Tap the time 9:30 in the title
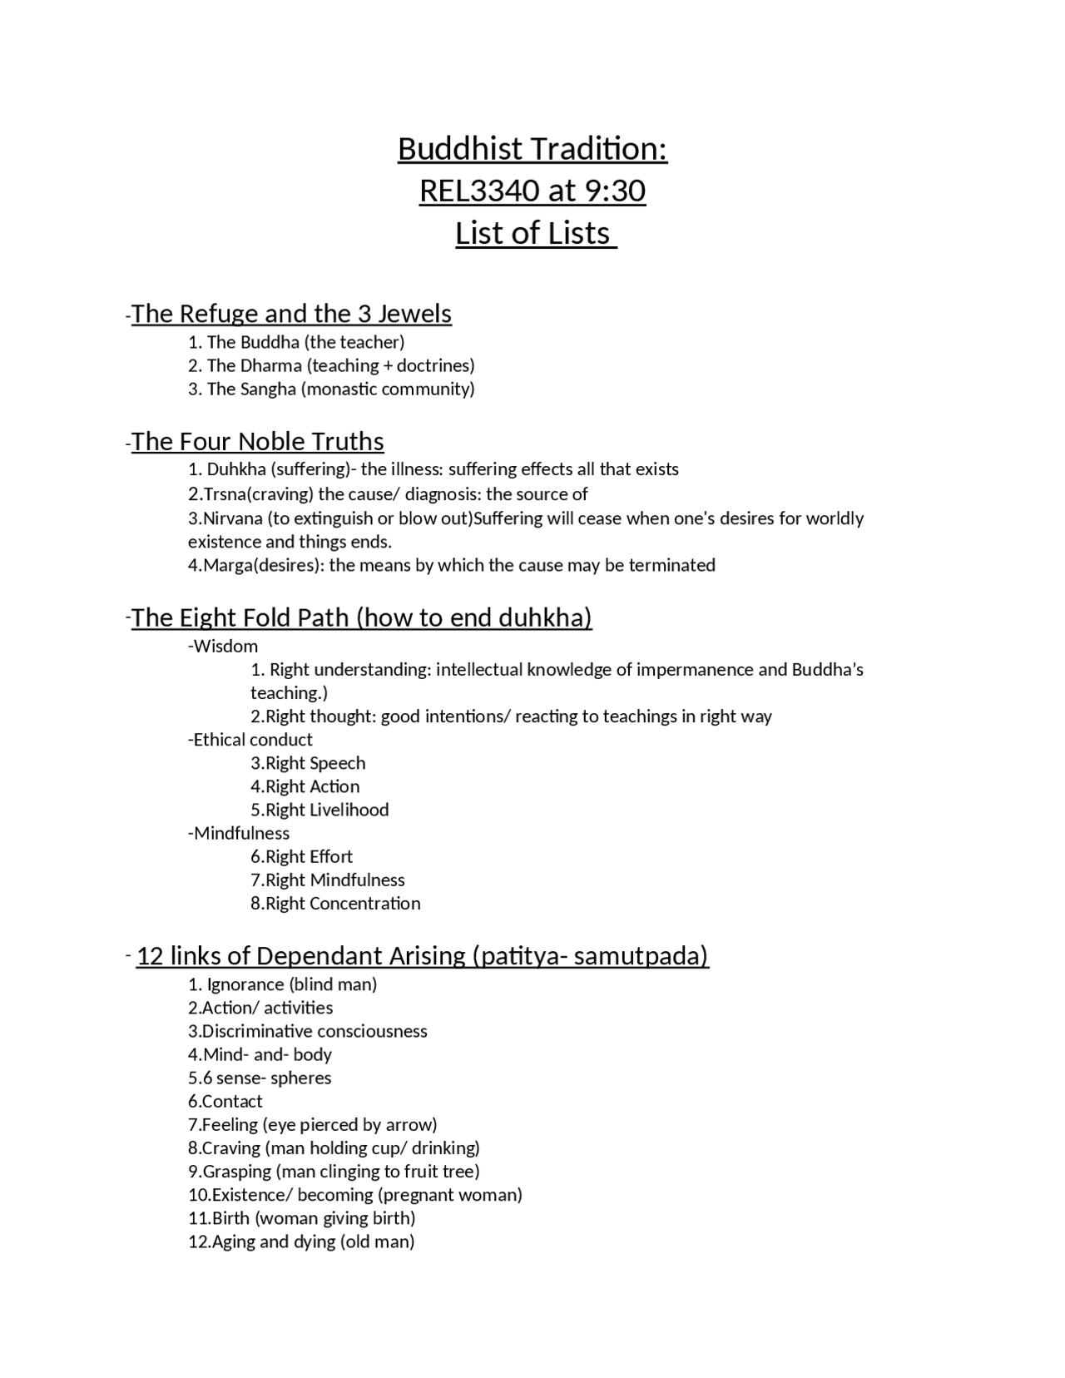pyautogui.click(x=615, y=191)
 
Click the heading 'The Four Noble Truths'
pyautogui.click(x=257, y=441)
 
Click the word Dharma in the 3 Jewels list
pyautogui.click(x=270, y=365)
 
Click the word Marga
pyautogui.click(x=226, y=565)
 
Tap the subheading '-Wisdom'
pyautogui.click(x=223, y=646)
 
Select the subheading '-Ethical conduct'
pyautogui.click(x=250, y=740)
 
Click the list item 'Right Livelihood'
pyautogui.click(x=319, y=810)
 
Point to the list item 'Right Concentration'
pyautogui.click(x=335, y=903)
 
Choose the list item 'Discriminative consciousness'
pyautogui.click(x=308, y=1031)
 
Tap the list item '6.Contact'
pyautogui.click(x=225, y=1101)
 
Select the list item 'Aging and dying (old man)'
pyautogui.click(x=301, y=1242)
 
